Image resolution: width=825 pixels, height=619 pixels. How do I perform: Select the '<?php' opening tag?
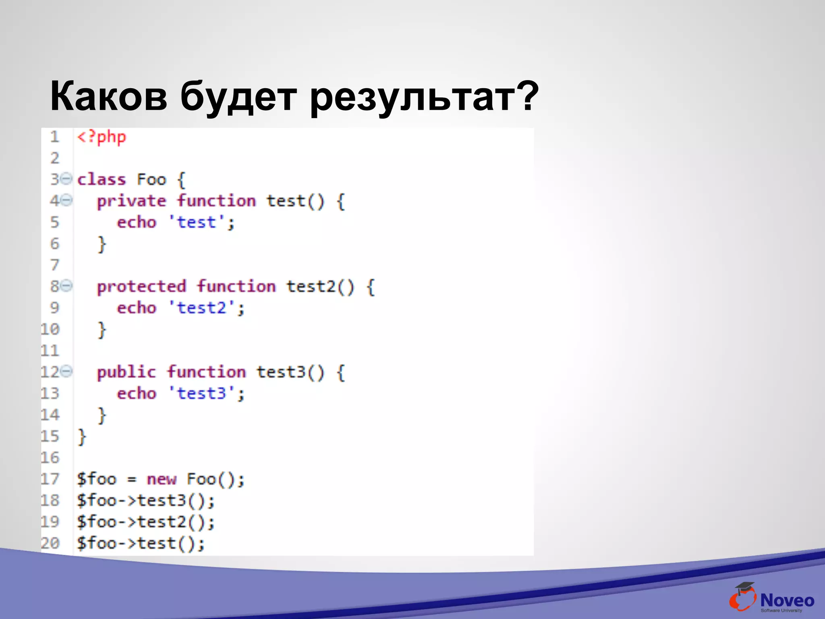[x=102, y=137]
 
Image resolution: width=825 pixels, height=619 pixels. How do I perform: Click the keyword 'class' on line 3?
[x=102, y=179]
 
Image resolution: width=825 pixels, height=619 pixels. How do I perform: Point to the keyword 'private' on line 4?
[x=131, y=201]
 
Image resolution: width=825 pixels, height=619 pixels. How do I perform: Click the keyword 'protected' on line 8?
[x=141, y=287]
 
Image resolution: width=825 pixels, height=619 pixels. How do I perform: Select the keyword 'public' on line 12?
[x=126, y=372]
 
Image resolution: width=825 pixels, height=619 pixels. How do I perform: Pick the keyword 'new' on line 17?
[x=162, y=479]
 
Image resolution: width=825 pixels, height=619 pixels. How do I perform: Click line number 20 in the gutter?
[x=50, y=543]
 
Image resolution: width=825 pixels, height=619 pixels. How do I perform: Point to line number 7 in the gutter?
[x=55, y=265]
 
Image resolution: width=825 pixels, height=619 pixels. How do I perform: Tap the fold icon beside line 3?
[x=67, y=178]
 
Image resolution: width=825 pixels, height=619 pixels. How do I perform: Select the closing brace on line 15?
[x=82, y=437]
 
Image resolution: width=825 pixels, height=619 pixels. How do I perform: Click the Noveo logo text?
[x=787, y=600]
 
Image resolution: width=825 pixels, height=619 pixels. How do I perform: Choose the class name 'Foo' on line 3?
[x=151, y=179]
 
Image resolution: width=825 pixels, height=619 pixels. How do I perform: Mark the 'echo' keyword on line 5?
[x=137, y=222]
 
